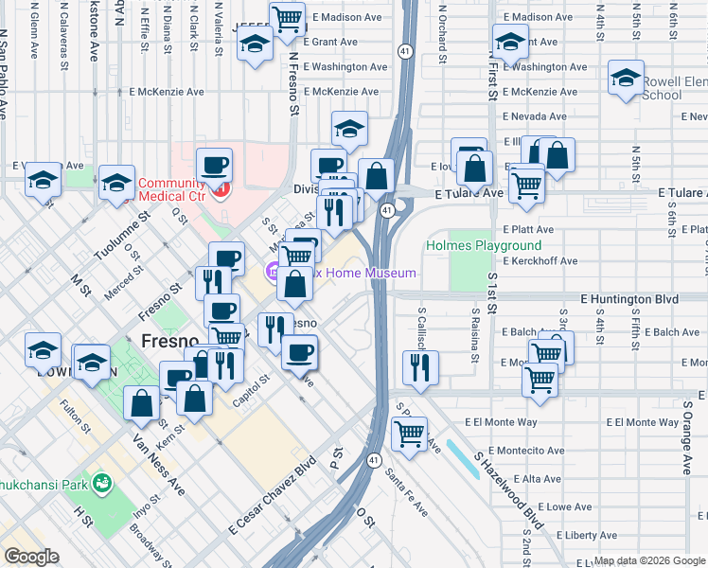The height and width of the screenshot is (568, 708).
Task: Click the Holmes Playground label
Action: tap(484, 245)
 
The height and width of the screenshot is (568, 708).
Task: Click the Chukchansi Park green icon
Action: tap(102, 486)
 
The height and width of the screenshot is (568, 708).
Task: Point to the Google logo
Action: tap(30, 557)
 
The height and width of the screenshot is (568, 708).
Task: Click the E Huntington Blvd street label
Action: tap(629, 299)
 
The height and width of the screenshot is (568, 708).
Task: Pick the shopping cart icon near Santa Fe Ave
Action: tap(409, 433)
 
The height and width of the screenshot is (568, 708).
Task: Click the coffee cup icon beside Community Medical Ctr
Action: tap(214, 166)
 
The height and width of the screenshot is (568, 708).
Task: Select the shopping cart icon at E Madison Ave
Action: tap(287, 17)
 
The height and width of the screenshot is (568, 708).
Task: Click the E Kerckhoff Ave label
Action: tap(540, 261)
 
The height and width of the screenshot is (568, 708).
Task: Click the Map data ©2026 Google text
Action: tap(649, 560)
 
